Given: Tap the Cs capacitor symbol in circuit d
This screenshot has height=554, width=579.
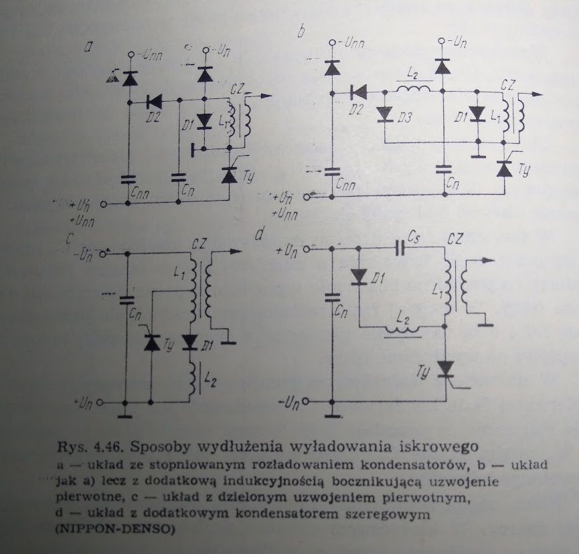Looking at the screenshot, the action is (x=399, y=249).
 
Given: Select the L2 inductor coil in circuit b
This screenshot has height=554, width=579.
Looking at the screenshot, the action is (x=414, y=89).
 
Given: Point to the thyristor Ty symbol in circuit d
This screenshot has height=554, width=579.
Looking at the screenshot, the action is (x=446, y=370).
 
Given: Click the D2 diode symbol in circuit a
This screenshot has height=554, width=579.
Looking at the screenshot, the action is (x=154, y=102).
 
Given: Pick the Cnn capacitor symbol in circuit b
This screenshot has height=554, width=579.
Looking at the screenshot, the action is (x=332, y=171).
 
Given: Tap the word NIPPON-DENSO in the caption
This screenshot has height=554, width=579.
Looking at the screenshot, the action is (x=115, y=529).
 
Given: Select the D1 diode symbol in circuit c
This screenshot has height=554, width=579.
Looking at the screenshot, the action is (x=191, y=343).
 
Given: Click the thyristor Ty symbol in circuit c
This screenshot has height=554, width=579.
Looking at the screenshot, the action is (x=152, y=342).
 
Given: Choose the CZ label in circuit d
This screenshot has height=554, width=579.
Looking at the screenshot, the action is (x=455, y=240).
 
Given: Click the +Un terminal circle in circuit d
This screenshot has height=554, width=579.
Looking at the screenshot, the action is (x=306, y=250).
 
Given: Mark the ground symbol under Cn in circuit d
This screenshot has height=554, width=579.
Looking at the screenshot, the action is (x=332, y=416).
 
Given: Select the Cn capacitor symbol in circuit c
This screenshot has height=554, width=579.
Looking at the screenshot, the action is (x=127, y=300).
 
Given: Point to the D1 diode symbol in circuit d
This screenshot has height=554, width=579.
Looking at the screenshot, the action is (x=359, y=277).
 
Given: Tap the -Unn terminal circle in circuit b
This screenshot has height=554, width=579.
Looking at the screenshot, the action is (x=332, y=43).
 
